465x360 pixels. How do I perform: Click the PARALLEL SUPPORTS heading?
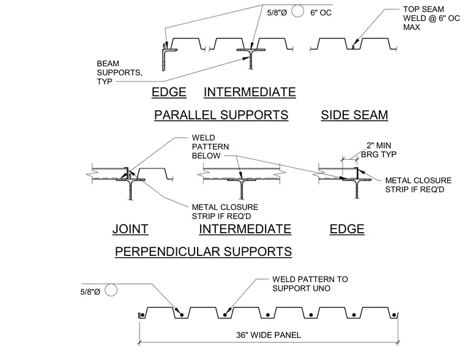[221, 115]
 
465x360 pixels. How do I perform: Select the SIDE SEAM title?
[354, 115]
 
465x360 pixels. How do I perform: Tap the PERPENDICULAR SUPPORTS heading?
[203, 252]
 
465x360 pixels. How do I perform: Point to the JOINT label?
[130, 229]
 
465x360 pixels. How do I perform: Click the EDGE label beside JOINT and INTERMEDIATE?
[347, 229]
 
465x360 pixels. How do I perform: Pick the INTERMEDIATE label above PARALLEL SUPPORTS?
[250, 92]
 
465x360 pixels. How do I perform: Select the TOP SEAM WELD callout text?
[431, 18]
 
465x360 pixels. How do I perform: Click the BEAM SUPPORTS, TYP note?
[119, 72]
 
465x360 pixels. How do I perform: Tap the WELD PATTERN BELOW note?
[210, 146]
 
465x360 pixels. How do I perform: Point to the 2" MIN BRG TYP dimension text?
[379, 150]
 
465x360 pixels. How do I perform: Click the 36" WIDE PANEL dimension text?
[269, 335]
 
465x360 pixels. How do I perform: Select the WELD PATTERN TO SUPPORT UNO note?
[310, 283]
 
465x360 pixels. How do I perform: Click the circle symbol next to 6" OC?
[297, 12]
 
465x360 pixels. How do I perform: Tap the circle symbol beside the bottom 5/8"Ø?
[111, 290]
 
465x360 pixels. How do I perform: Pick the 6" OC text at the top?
[321, 13]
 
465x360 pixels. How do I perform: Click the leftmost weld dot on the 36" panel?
[143, 315]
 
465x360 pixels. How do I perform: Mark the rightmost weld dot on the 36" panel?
[394, 315]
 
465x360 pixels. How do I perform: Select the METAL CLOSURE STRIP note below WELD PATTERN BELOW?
[225, 212]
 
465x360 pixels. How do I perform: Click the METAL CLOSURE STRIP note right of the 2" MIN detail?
[418, 185]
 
